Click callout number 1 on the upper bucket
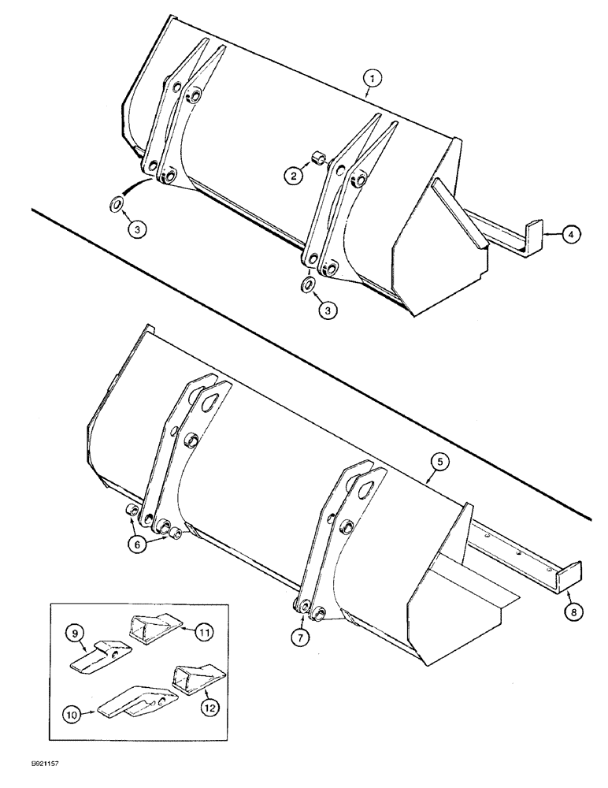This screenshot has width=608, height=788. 373,78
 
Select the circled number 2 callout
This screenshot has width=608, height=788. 293,177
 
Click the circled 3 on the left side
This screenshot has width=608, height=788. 137,229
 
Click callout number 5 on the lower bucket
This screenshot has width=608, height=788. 442,463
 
